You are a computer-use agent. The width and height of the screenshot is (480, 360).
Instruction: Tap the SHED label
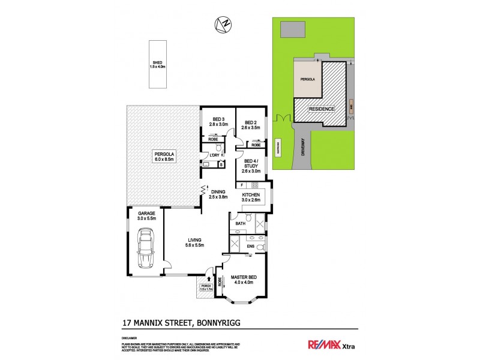point(157,64)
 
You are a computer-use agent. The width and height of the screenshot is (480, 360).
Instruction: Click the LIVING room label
point(194,242)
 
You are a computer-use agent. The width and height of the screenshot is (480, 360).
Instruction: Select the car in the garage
point(146,250)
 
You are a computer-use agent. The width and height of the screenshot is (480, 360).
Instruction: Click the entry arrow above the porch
point(208,278)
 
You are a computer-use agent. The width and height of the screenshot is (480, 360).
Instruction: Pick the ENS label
point(251,245)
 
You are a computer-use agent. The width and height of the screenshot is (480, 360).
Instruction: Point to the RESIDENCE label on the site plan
point(321,109)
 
